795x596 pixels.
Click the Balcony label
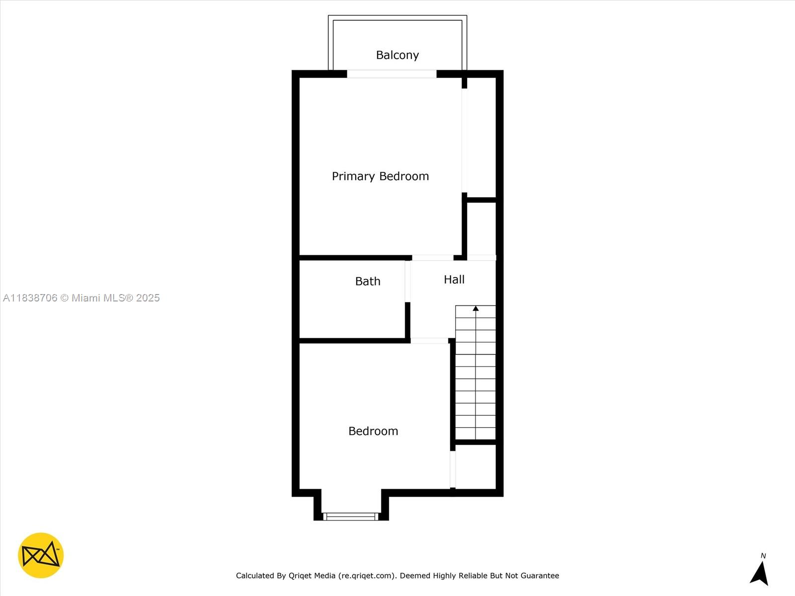(397, 55)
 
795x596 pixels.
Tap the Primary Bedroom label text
(380, 176)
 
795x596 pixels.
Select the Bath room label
(368, 281)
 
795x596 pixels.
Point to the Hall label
(454, 280)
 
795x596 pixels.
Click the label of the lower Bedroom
(373, 431)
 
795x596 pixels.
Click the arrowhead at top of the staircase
(476, 308)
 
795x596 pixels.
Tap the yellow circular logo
(41, 555)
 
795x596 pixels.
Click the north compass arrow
(760, 574)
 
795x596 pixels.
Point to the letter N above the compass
(763, 556)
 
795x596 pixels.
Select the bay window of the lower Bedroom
(351, 517)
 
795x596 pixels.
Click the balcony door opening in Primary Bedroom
(392, 74)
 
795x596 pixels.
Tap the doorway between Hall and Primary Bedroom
(432, 258)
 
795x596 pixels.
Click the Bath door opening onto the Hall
(407, 281)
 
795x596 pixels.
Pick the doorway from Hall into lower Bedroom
(429, 341)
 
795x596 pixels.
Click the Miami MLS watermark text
(116, 298)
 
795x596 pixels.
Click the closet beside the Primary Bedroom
(480, 139)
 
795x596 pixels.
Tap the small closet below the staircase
(476, 467)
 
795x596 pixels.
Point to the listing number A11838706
(30, 298)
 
